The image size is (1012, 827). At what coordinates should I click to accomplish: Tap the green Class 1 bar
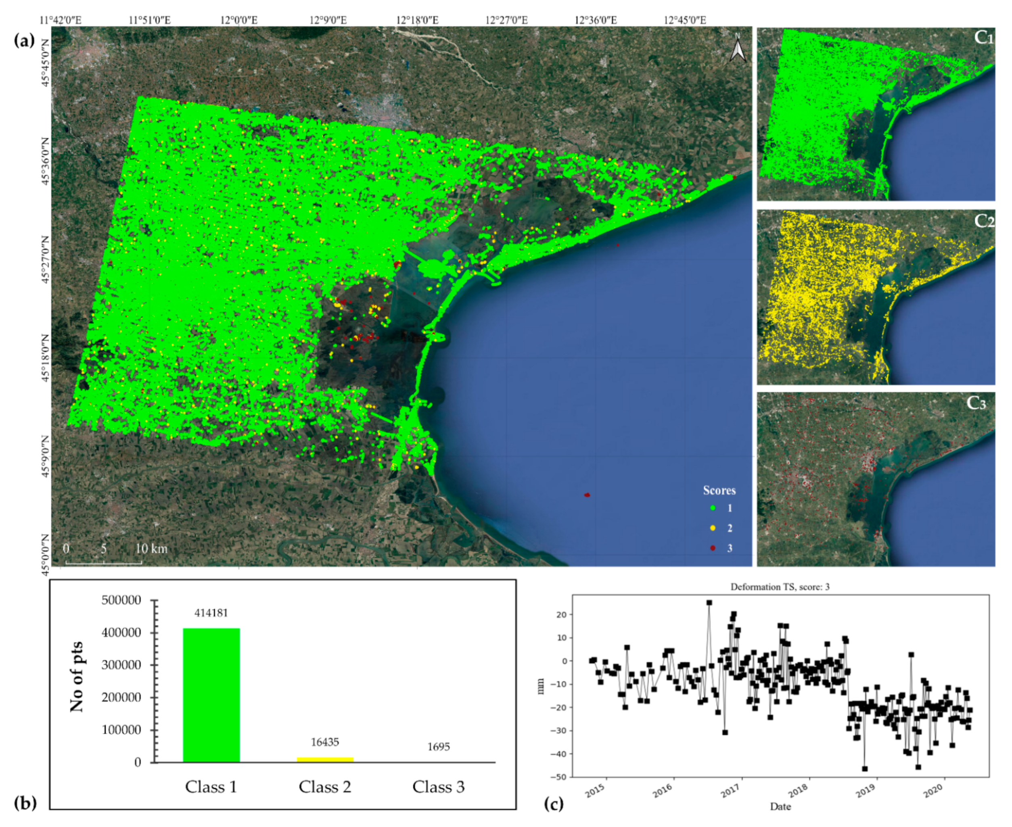point(211,695)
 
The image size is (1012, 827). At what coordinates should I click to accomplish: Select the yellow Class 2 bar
point(325,759)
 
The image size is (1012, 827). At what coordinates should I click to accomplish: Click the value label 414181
point(211,613)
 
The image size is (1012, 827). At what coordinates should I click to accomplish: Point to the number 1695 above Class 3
point(438,746)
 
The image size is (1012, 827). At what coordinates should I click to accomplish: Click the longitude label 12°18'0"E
point(417,20)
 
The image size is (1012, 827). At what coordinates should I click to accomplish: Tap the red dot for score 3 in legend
point(713,548)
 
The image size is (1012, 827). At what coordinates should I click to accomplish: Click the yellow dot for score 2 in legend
point(713,528)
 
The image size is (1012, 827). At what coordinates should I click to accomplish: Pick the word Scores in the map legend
point(719,490)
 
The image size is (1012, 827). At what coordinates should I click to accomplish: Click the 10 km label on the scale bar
point(151,549)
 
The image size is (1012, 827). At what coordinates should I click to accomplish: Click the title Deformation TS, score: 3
point(780,587)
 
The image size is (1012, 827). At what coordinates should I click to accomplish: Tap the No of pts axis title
point(77,677)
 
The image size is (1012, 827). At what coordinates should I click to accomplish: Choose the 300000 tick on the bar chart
point(121,665)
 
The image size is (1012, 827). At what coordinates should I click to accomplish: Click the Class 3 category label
point(438,787)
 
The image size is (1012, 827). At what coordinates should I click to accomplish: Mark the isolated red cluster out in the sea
point(587,495)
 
